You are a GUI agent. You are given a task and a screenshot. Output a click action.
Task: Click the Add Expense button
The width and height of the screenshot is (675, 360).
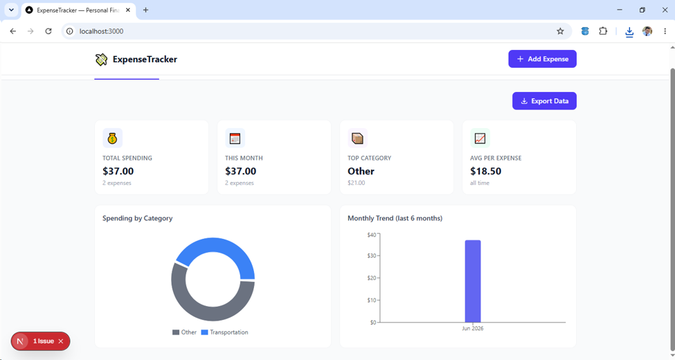[542, 59]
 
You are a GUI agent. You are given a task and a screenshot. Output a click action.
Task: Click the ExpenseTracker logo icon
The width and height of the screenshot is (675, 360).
[101, 60]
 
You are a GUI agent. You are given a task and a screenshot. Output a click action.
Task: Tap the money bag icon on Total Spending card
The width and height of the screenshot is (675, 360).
[112, 138]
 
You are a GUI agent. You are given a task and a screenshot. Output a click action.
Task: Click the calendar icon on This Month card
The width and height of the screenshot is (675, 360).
[235, 138]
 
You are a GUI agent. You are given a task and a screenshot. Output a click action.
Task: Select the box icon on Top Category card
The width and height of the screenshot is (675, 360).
[357, 138]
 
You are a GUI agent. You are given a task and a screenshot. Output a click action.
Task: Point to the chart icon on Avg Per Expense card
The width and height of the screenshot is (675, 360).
[480, 138]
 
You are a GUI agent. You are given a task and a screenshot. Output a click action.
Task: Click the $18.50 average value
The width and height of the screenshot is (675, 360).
[485, 171]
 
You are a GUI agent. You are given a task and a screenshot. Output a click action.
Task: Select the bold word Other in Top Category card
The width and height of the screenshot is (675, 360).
[361, 171]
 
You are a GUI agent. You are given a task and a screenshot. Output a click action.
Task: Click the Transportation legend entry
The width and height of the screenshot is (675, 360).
[225, 332]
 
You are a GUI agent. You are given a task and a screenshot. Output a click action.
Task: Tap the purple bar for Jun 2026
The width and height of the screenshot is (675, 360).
[473, 281]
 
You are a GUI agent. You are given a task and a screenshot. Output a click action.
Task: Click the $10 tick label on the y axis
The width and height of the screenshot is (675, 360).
[372, 300]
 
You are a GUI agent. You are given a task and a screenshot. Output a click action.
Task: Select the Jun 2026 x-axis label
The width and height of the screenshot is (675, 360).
[473, 329]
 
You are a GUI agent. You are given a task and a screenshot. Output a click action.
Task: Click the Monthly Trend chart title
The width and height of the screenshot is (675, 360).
[395, 218]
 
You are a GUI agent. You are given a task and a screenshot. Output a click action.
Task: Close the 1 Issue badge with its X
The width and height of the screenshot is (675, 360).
[61, 341]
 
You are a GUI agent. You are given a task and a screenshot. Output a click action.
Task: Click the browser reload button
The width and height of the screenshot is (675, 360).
[48, 31]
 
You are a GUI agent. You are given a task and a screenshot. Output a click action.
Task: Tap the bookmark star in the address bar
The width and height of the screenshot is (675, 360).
[560, 31]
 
